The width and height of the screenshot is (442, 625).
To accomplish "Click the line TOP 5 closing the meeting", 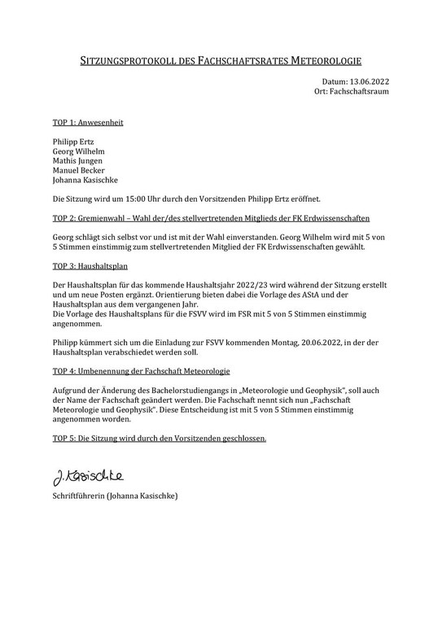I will click(159, 438).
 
